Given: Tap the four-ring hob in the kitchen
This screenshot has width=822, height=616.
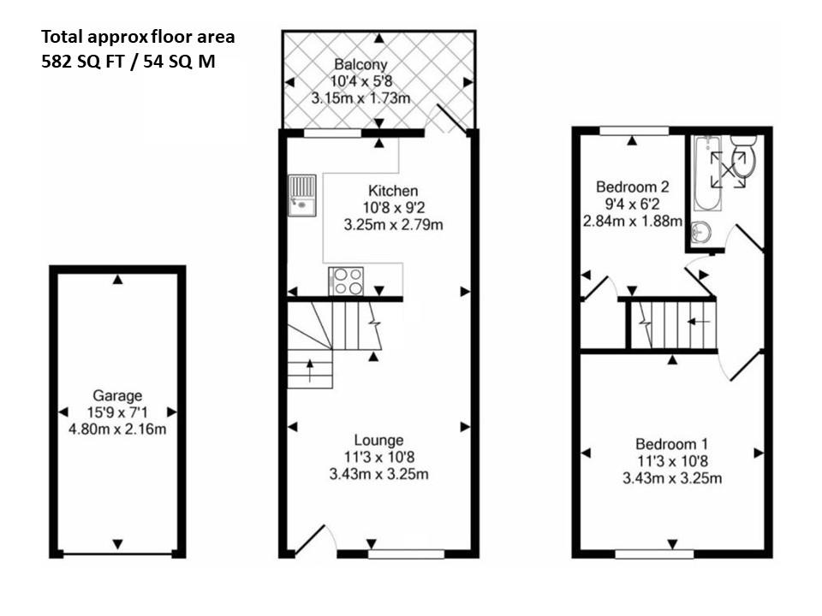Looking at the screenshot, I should coord(346,281).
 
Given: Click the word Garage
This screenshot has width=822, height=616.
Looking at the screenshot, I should coord(116,395).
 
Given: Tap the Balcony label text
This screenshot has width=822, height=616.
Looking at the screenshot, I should coord(360,64).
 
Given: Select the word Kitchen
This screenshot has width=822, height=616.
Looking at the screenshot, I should coord(392,191).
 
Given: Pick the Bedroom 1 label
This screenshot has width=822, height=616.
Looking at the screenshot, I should coord(671,444).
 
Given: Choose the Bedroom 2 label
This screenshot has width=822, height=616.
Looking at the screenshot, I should coord(632,187).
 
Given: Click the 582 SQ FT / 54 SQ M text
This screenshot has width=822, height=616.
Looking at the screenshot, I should coord(128,62).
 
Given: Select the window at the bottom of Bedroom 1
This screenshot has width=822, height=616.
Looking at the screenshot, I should coord(654,554).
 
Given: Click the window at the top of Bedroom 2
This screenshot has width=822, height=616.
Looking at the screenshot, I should coord(633,130).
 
